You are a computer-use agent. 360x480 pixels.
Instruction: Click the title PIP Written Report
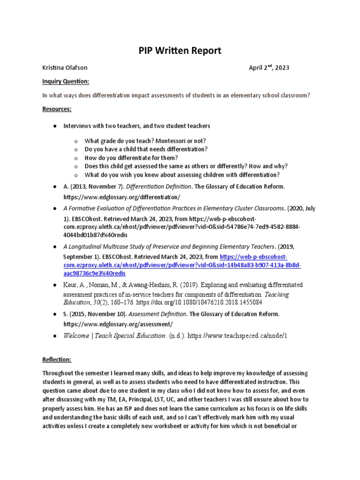(180, 50)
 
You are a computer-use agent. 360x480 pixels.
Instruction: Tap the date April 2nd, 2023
(269, 67)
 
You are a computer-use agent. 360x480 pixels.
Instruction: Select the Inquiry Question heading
(66, 81)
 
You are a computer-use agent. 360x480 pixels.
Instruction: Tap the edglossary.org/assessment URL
(118, 324)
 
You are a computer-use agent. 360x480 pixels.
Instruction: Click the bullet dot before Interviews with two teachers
(54, 126)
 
